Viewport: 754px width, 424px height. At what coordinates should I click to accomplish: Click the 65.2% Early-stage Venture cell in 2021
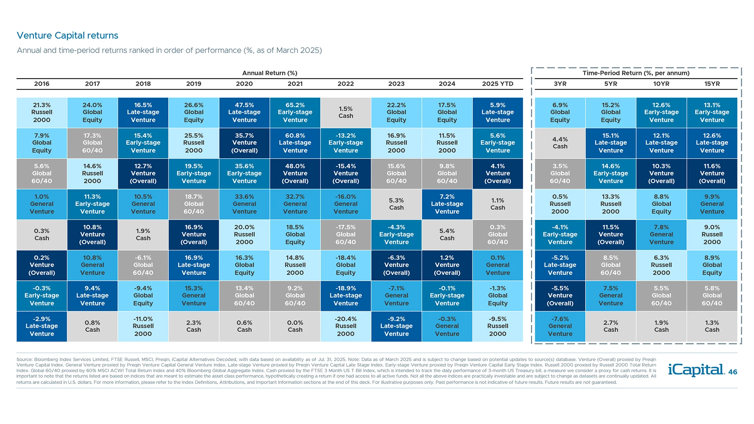point(295,113)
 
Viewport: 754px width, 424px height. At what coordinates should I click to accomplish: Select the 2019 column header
point(194,84)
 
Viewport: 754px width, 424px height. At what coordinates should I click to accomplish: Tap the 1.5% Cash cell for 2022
point(346,113)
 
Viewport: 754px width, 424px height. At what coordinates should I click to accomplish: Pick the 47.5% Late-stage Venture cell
point(244,113)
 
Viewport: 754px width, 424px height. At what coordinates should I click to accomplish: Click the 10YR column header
point(661,84)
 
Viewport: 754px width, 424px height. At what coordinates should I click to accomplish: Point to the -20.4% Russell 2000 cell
point(346,326)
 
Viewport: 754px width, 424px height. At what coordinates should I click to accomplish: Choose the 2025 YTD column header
point(498,84)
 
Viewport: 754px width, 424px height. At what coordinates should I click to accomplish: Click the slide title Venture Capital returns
point(67,35)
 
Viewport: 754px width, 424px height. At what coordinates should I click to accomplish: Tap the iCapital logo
point(696,370)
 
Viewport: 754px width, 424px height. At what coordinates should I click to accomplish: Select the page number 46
point(733,372)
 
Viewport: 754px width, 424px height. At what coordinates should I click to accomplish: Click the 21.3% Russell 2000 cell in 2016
point(42,113)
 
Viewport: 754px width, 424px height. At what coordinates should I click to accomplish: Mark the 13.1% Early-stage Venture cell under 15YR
point(712,113)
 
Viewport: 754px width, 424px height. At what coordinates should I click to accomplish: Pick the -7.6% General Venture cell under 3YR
point(560,326)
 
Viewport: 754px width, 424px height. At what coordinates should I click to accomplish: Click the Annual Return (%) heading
point(270,73)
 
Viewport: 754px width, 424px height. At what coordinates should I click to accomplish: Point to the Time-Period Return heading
point(636,73)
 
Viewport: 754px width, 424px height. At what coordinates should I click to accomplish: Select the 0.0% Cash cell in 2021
point(295,326)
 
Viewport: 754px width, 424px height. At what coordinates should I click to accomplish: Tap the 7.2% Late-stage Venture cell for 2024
point(447,204)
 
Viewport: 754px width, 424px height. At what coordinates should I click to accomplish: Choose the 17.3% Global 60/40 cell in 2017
point(92,143)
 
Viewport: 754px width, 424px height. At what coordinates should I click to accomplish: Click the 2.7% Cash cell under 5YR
point(611,326)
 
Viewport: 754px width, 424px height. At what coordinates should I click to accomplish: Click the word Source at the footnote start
point(24,360)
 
